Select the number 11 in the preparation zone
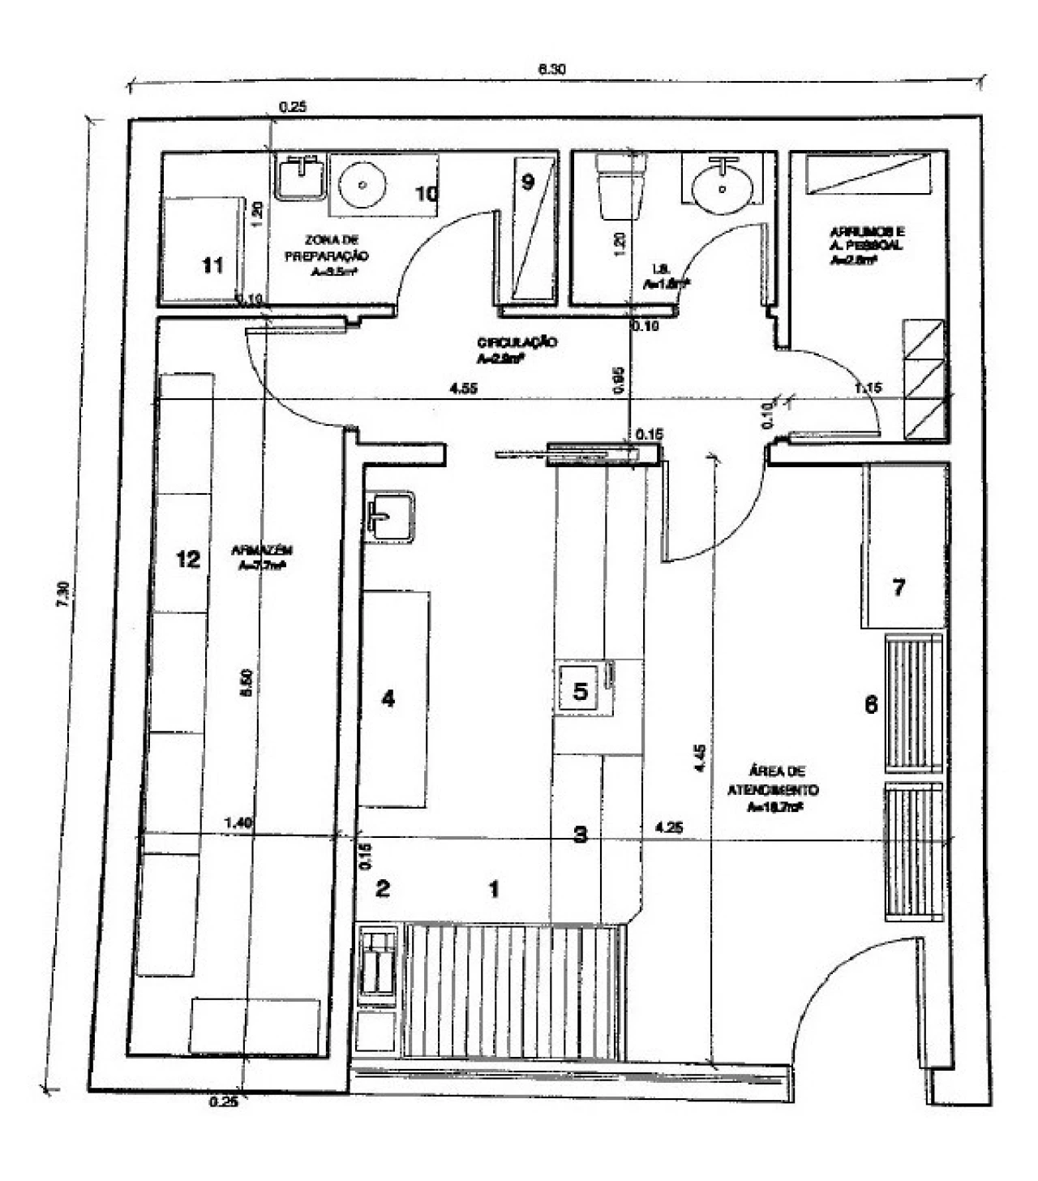point(212,265)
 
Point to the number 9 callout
point(527,183)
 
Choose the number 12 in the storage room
point(188,559)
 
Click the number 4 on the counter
point(388,698)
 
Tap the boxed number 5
point(580,691)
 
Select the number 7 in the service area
point(899,587)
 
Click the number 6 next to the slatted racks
point(871,705)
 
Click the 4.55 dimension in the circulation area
point(463,389)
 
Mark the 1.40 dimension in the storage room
point(238,822)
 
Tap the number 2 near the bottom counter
point(383,888)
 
